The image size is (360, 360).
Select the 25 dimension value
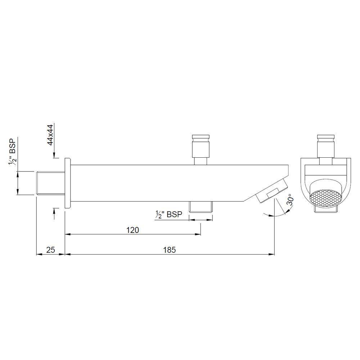[x=51, y=250]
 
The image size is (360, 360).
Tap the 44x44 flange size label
[x=50, y=134]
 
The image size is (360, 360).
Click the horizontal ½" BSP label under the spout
[x=169, y=215]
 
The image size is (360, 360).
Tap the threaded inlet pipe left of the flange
[x=50, y=183]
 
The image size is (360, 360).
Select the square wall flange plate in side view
[x=67, y=183]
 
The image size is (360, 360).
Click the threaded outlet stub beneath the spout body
[x=201, y=206]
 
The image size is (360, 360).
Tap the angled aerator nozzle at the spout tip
[x=272, y=190]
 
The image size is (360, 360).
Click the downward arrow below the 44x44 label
[x=54, y=155]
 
